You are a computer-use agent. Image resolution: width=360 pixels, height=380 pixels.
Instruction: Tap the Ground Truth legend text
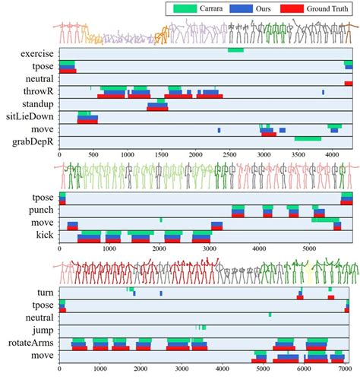point(324,9)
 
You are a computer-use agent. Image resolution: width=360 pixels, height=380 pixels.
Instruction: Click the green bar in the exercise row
point(235,50)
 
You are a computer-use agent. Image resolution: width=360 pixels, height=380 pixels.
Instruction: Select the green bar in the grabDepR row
point(308,138)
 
